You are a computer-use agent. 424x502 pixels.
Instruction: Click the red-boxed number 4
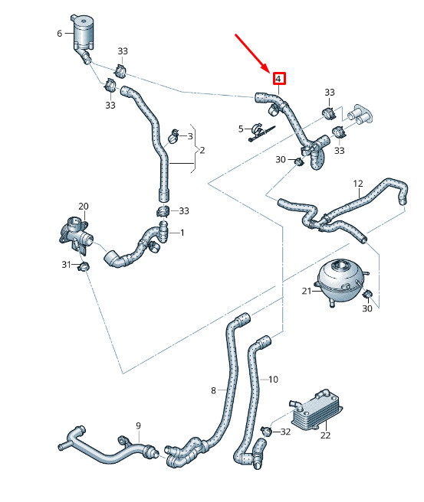click(x=279, y=78)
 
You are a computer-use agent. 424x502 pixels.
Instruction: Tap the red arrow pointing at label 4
click(x=252, y=53)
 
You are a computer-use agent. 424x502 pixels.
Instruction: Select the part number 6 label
click(x=60, y=34)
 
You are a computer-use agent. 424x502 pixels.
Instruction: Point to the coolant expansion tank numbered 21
click(x=340, y=282)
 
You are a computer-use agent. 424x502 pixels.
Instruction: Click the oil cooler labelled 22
click(x=317, y=409)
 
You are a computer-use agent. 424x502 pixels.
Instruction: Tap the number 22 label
click(x=325, y=435)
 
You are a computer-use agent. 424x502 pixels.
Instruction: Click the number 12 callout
click(x=358, y=184)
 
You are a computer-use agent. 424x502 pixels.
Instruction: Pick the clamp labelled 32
click(x=266, y=432)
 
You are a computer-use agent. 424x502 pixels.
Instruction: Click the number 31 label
click(x=67, y=265)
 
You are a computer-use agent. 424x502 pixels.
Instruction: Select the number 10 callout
click(x=273, y=380)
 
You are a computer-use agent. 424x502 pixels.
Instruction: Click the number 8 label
click(x=213, y=390)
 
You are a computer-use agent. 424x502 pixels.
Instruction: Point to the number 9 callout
click(x=138, y=425)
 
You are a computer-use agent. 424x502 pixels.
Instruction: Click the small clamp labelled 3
click(x=174, y=136)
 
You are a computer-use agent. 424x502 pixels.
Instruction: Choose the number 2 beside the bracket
click(x=202, y=150)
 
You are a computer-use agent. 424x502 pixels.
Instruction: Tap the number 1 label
click(x=182, y=233)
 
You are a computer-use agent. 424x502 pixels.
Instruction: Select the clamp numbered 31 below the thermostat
click(x=84, y=266)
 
